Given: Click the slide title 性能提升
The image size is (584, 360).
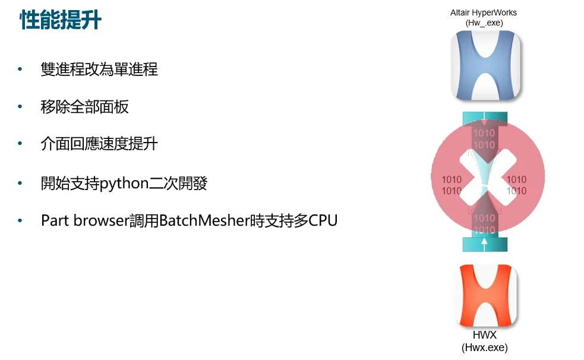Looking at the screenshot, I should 61,20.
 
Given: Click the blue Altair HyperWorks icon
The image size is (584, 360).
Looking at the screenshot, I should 485,65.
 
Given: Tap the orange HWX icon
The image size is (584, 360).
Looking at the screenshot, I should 485,294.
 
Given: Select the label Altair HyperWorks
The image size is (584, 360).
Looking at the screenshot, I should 483,13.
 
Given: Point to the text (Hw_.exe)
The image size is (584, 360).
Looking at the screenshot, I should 484,23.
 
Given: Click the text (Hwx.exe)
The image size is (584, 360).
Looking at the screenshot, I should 485,348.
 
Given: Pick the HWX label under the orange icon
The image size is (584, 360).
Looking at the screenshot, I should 485,336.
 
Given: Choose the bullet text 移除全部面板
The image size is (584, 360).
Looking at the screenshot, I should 84,107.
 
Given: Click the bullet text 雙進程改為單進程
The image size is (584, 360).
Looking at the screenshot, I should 99,70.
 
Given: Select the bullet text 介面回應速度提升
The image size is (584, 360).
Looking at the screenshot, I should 99,144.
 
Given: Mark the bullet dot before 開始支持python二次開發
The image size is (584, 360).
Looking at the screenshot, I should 21,184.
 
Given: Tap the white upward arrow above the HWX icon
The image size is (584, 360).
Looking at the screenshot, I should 485,242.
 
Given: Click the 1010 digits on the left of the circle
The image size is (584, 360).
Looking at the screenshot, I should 452,185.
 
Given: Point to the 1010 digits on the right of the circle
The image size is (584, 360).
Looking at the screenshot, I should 516,185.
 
